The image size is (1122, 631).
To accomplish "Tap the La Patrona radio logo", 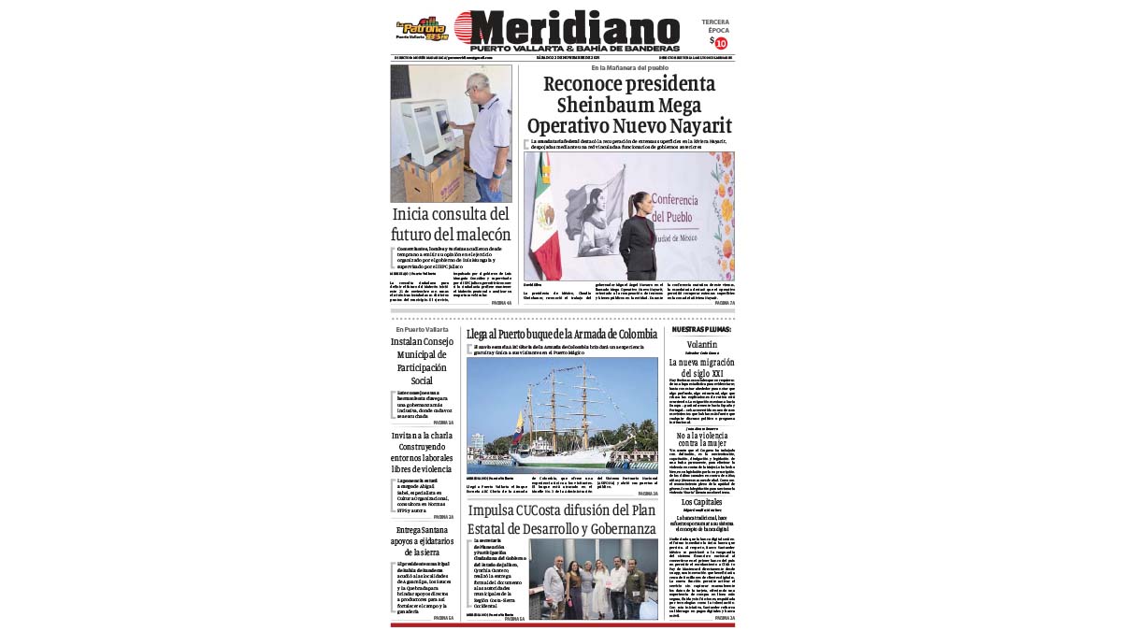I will click(x=422, y=28).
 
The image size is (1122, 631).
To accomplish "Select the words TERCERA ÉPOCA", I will click(x=715, y=25).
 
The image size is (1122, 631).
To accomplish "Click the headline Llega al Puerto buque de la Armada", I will click(x=562, y=334).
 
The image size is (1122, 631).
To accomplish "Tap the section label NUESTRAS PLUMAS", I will click(x=702, y=330).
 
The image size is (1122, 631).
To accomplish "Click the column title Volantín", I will click(x=701, y=344).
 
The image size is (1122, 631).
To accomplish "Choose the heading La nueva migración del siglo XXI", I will click(x=701, y=367).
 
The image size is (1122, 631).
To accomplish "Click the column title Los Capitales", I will click(x=701, y=502).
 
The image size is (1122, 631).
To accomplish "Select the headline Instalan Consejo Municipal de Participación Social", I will click(x=422, y=361).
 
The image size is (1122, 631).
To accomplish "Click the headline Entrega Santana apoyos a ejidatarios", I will click(x=422, y=541).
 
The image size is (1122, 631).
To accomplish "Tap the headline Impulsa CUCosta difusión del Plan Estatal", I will click(x=562, y=520).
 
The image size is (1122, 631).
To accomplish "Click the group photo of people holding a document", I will click(x=593, y=579).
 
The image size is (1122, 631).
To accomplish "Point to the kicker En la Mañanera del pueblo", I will click(x=628, y=68).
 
